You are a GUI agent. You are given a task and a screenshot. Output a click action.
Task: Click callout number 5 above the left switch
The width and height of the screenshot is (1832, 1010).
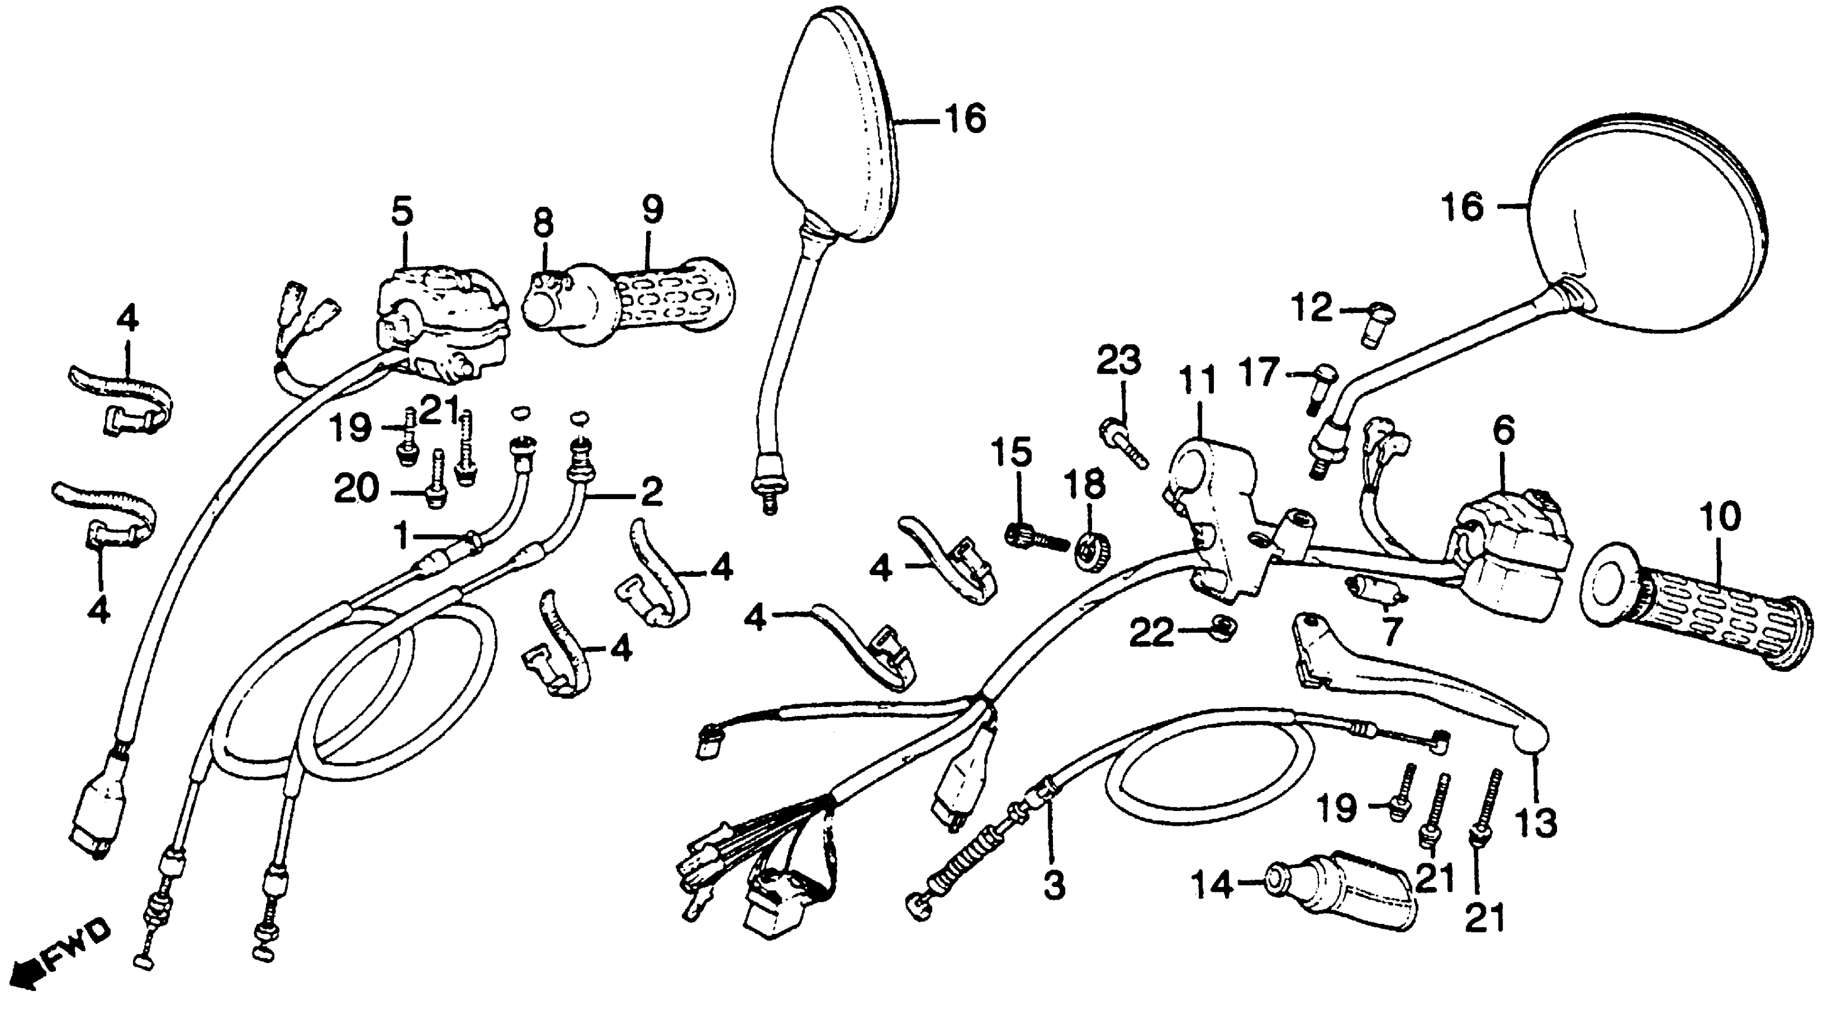tap(403, 213)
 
